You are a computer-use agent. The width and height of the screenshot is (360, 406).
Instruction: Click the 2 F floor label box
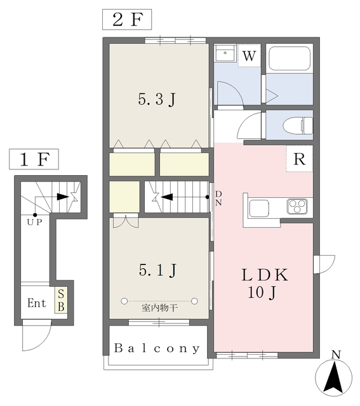pyautogui.click(x=127, y=20)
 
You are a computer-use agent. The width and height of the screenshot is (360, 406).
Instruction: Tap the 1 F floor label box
pyautogui.click(x=34, y=159)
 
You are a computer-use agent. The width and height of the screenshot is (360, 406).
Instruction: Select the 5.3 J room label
pyautogui.click(x=157, y=100)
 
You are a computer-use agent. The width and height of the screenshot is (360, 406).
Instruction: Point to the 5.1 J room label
pyautogui.click(x=157, y=270)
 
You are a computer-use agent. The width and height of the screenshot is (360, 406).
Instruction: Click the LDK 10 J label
pyautogui.click(x=264, y=284)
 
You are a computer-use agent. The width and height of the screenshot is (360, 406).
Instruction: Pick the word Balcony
pyautogui.click(x=157, y=348)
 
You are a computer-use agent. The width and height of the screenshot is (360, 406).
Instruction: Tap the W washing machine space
pyautogui.click(x=250, y=56)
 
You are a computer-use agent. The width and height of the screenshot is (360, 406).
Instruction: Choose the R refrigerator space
pyautogui.click(x=299, y=159)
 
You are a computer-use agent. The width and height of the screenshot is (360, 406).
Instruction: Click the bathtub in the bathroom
pyautogui.click(x=290, y=58)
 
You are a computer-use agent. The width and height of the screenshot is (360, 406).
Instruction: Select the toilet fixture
pyautogui.click(x=298, y=126)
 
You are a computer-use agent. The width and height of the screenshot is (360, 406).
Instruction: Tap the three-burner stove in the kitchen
pyautogui.click(x=297, y=206)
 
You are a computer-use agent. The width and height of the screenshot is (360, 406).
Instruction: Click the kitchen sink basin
pyautogui.click(x=259, y=209)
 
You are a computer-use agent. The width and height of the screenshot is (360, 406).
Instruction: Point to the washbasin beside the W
pyautogui.click(x=225, y=53)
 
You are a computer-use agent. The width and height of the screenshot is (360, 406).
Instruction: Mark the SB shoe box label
pyautogui.click(x=61, y=300)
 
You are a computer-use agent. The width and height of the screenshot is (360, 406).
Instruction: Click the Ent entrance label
pyautogui.click(x=37, y=303)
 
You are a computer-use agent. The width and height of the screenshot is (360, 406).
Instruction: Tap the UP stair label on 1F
pyautogui.click(x=34, y=222)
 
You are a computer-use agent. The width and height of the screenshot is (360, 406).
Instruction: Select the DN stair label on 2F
pyautogui.click(x=218, y=199)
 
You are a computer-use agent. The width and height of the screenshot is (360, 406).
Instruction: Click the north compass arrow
pyautogui.click(x=334, y=377)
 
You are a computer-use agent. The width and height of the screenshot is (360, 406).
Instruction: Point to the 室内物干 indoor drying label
pyautogui.click(x=159, y=308)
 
